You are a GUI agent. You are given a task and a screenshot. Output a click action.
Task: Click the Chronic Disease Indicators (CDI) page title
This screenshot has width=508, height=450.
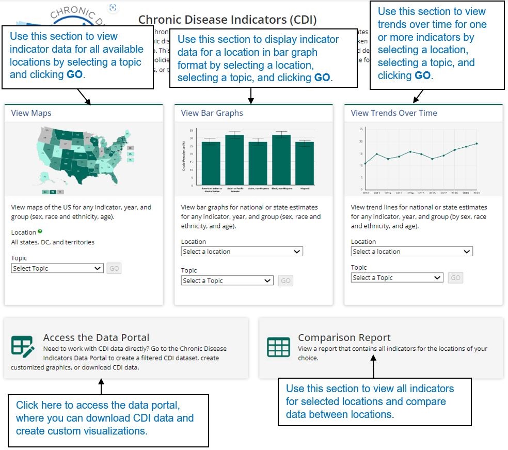point(227,20)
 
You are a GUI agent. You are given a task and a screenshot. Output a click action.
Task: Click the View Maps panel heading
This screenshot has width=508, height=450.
point(31,113)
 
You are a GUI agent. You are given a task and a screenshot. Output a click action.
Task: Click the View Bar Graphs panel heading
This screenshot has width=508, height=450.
point(212,113)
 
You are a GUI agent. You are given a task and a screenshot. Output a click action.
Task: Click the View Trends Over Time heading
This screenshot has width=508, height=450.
point(393,113)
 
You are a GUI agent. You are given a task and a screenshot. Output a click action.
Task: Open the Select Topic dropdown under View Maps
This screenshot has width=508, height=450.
point(57,269)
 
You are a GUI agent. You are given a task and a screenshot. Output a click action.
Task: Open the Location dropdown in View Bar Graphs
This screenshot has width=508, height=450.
point(242,252)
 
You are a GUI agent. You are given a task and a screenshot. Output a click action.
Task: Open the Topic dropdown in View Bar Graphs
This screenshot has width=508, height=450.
point(227,281)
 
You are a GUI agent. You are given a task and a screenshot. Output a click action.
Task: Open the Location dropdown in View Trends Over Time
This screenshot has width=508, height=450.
point(411,252)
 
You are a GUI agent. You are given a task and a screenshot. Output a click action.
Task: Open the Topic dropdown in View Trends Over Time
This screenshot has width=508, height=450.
point(396,278)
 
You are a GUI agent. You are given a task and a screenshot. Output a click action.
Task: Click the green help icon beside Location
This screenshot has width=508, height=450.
point(40,232)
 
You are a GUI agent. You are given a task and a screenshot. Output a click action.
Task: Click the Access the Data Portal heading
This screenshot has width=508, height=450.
point(96,338)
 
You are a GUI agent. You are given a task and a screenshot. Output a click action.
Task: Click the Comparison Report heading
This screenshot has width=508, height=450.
point(344,338)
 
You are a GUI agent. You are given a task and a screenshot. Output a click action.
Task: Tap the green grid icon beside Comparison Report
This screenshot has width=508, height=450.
point(278,347)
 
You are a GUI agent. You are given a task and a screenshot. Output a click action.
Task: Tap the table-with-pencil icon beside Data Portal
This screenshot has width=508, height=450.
point(23,346)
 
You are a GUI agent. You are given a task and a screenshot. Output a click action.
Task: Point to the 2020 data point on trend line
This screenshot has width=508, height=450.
point(477,144)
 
